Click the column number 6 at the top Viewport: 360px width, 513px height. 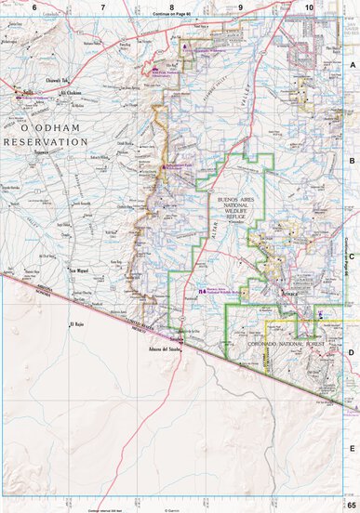click(33, 7)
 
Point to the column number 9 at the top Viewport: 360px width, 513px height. click(240, 7)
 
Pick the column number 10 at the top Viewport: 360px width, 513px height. click(309, 7)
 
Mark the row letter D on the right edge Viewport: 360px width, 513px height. click(352, 352)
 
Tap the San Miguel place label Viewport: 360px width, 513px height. click(80, 272)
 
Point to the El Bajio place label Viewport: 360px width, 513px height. click(78, 324)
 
